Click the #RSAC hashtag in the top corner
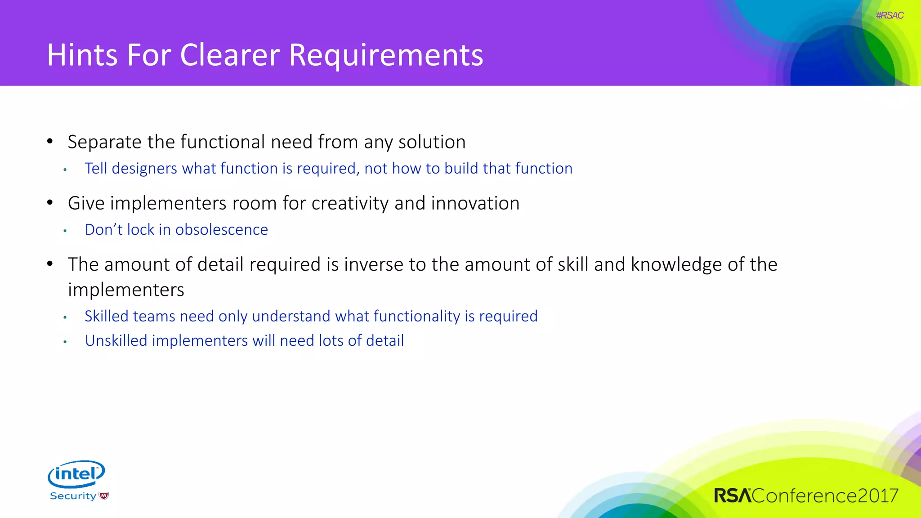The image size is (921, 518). point(890,15)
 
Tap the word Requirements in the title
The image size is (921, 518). point(386,55)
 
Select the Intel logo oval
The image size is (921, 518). point(76,474)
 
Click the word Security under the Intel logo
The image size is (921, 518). point(73,496)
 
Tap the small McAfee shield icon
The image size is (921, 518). point(104,496)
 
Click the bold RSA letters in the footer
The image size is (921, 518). point(733,496)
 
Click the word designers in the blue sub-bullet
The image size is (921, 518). point(144,169)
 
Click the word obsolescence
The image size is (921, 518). point(221,230)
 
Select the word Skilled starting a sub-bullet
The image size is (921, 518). point(107,316)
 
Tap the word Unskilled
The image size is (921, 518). point(116,341)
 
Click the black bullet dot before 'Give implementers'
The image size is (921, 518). point(50,203)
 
